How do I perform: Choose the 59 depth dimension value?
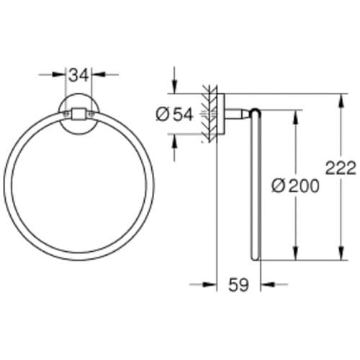(238, 285)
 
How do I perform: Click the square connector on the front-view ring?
(78, 113)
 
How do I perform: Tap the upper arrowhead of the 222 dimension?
(338, 97)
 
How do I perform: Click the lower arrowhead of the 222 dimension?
(338, 256)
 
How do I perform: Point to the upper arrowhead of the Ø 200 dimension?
(294, 114)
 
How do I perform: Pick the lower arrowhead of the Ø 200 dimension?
(294, 256)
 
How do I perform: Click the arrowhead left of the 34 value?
(63, 73)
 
